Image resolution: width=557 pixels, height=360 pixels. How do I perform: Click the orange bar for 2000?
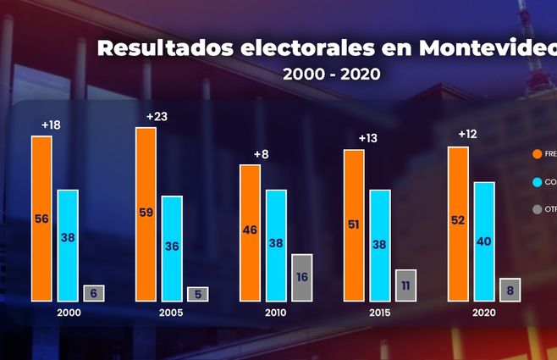point(41,218)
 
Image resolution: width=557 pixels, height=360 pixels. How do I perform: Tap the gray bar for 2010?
point(301,277)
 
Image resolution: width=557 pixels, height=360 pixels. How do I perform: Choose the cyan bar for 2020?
point(483,241)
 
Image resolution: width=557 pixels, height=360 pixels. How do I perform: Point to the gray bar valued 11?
point(405,285)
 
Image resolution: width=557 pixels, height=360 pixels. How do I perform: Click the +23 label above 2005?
point(157,116)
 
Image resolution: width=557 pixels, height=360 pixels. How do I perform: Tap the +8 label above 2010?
point(262,153)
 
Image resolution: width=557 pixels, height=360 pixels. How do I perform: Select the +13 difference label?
point(368,138)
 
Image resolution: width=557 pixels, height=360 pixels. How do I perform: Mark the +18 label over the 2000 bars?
point(52,125)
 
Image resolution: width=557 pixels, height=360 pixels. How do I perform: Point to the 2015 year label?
point(380,313)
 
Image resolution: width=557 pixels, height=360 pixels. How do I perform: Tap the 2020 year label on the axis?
point(484,313)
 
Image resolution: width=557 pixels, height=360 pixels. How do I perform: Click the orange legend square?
point(538,154)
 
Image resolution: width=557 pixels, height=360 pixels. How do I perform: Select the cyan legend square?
point(538,181)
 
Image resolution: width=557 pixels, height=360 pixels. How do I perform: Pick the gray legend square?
point(538,209)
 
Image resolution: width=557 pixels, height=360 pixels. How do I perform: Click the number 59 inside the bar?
point(146,213)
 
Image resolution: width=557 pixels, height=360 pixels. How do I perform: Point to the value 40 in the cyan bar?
point(483,241)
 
